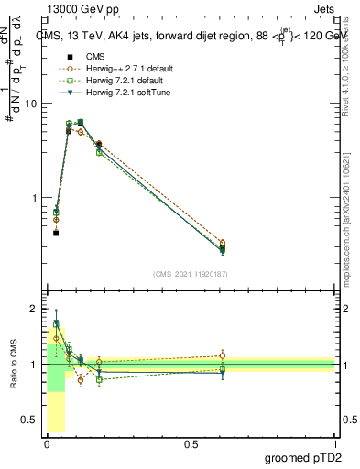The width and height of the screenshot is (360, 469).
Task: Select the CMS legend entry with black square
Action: [84, 57]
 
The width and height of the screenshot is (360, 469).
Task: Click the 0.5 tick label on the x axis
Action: [191, 443]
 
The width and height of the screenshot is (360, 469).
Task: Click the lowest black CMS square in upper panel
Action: [56, 233]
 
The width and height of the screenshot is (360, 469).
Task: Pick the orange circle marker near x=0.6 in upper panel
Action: [223, 244]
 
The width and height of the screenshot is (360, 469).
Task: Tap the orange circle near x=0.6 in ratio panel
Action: [223, 356]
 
